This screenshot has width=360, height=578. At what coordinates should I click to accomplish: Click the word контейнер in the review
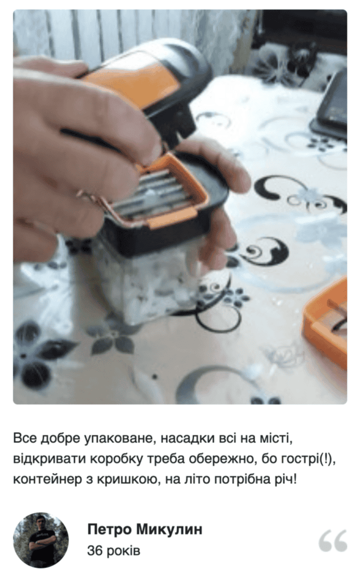pos(47,479)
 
